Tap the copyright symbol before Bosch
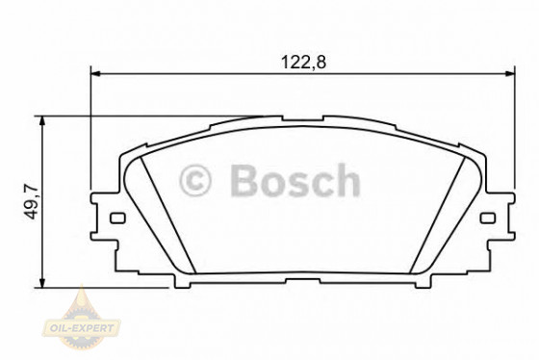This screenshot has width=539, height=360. point(195,180)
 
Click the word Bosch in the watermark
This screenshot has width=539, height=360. point(295,180)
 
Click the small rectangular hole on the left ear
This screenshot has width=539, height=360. point(117,218)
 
